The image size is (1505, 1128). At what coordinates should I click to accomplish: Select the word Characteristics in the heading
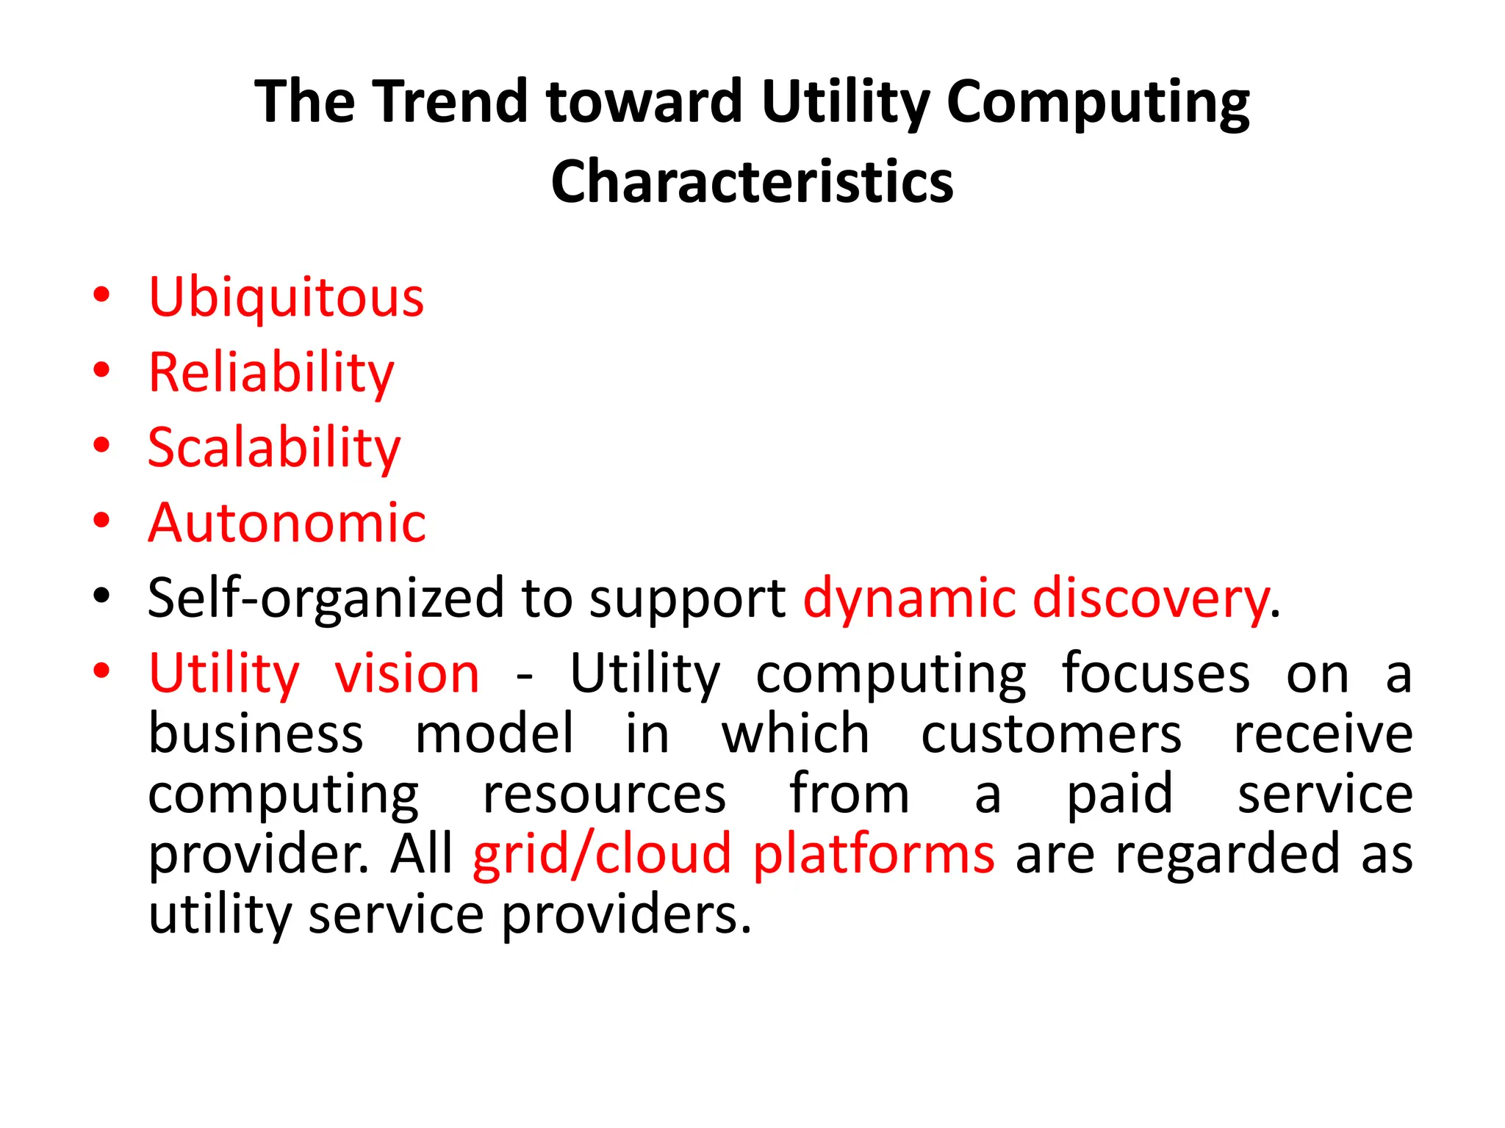coord(752,182)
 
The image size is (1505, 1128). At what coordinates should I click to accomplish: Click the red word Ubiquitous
coord(286,297)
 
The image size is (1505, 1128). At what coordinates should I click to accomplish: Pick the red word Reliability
coord(271,373)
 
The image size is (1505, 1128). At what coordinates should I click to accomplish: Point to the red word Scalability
coord(274,448)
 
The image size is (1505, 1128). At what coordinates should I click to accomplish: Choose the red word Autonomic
coord(287,523)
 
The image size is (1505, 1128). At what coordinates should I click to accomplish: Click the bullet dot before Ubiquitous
coord(101,295)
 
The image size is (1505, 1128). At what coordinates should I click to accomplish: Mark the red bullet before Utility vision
coord(101,670)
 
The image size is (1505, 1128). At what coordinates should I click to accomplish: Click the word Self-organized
coord(325,598)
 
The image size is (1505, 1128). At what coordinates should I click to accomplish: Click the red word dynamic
coord(909,598)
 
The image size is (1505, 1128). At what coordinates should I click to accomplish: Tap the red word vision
coord(406,673)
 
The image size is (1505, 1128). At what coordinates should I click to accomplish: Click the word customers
coord(1051,734)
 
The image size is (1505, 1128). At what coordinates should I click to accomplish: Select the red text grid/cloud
coord(602,855)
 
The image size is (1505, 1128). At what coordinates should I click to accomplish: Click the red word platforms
coord(873,855)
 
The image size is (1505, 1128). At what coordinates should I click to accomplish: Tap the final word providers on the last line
coord(626,916)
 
